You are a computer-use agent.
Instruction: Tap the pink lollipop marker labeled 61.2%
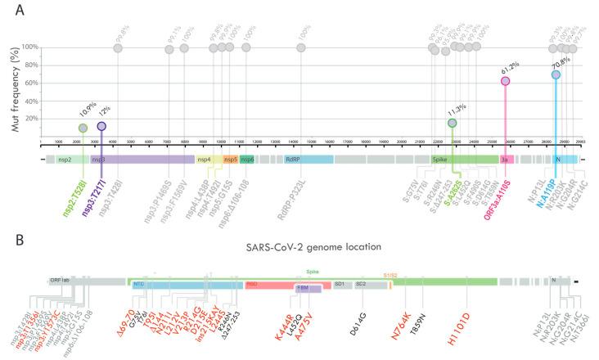506,81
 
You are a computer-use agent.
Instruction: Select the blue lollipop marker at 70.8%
556,74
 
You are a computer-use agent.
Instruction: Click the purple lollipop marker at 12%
101,126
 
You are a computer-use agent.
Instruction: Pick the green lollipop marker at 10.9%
83,128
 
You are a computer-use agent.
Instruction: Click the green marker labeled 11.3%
453,123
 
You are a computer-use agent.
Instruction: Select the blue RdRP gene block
308,160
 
